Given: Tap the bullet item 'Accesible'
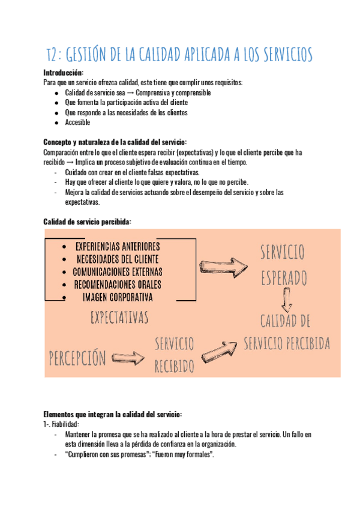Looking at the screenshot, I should pyautogui.click(x=77, y=122).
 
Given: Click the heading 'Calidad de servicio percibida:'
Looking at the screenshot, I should pyautogui.click(x=87, y=221).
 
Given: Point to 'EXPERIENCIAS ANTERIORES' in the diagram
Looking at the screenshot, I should pyautogui.click(x=118, y=247).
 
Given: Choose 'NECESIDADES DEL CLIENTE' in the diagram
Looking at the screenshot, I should pyautogui.click(x=117, y=259).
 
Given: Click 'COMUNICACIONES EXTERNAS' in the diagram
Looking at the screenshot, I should pyautogui.click(x=118, y=272).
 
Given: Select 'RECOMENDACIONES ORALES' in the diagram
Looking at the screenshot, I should pyautogui.click(x=118, y=285).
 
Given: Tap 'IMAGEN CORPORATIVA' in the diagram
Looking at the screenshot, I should pyautogui.click(x=118, y=297).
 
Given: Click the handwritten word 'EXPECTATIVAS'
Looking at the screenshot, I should pyautogui.click(x=119, y=316).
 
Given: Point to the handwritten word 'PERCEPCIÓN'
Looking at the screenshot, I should pyautogui.click(x=77, y=358).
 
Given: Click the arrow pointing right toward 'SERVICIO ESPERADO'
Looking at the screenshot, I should pyautogui.click(x=223, y=265).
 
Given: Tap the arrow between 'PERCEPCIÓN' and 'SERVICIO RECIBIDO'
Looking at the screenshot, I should pyautogui.click(x=128, y=358).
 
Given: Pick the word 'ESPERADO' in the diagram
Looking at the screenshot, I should pyautogui.click(x=284, y=277).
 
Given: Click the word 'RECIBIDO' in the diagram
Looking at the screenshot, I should pyautogui.click(x=175, y=366).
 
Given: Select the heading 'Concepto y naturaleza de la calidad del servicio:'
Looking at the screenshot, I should pyautogui.click(x=115, y=142).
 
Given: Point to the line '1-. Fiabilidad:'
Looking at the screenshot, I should pyautogui.click(x=62, y=424).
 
